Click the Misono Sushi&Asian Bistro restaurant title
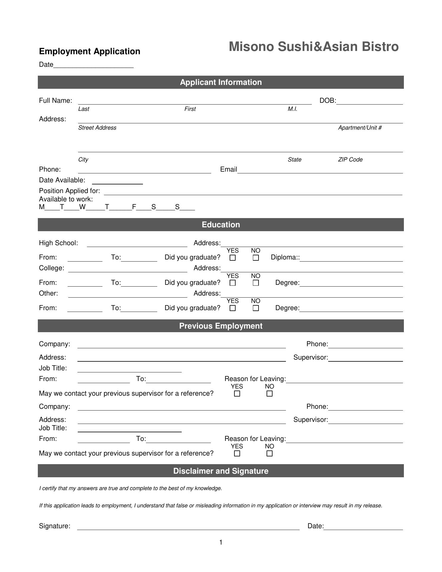[313, 47]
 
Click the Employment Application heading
[90, 51]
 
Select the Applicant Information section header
[221, 82]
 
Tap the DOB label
[327, 101]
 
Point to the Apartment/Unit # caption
[359, 128]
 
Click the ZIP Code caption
[350, 160]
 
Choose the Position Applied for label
[69, 191]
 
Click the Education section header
[221, 225]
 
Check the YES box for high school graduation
[233, 258]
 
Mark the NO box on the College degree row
[256, 283]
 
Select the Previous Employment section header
[221, 326]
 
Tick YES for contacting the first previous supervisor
[237, 394]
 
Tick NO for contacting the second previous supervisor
[269, 454]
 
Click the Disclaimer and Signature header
[221, 471]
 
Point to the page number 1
[221, 543]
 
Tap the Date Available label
[62, 180]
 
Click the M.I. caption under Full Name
[292, 109]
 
